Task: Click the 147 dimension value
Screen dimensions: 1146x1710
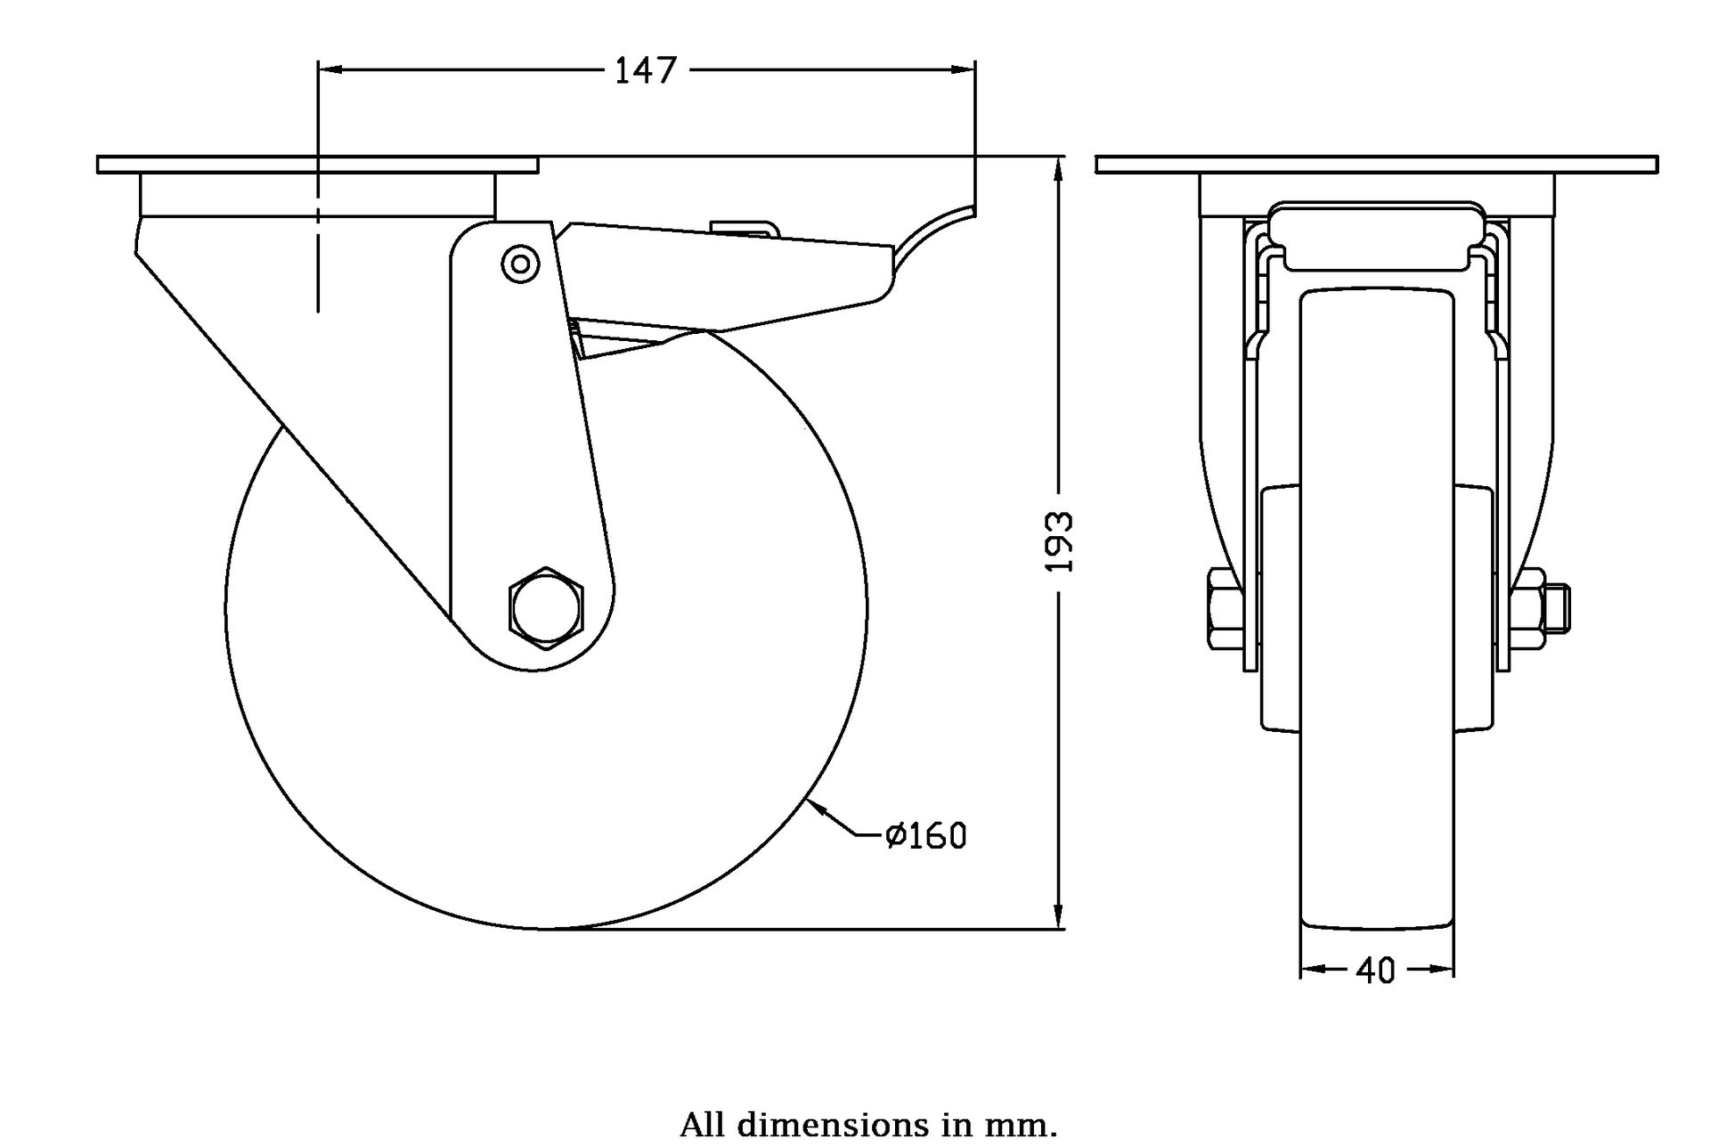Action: [646, 69]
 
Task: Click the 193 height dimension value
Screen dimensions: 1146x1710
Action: [1059, 540]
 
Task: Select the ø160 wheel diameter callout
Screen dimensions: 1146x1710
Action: [926, 835]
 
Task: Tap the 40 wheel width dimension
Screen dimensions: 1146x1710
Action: [1376, 970]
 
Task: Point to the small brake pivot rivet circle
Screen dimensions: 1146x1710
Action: [520, 263]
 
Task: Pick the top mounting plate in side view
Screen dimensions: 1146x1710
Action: [317, 165]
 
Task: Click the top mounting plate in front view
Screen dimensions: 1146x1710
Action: [1376, 165]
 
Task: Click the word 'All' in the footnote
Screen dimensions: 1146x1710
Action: [702, 1124]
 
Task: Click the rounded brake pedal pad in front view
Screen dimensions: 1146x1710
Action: [1376, 235]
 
